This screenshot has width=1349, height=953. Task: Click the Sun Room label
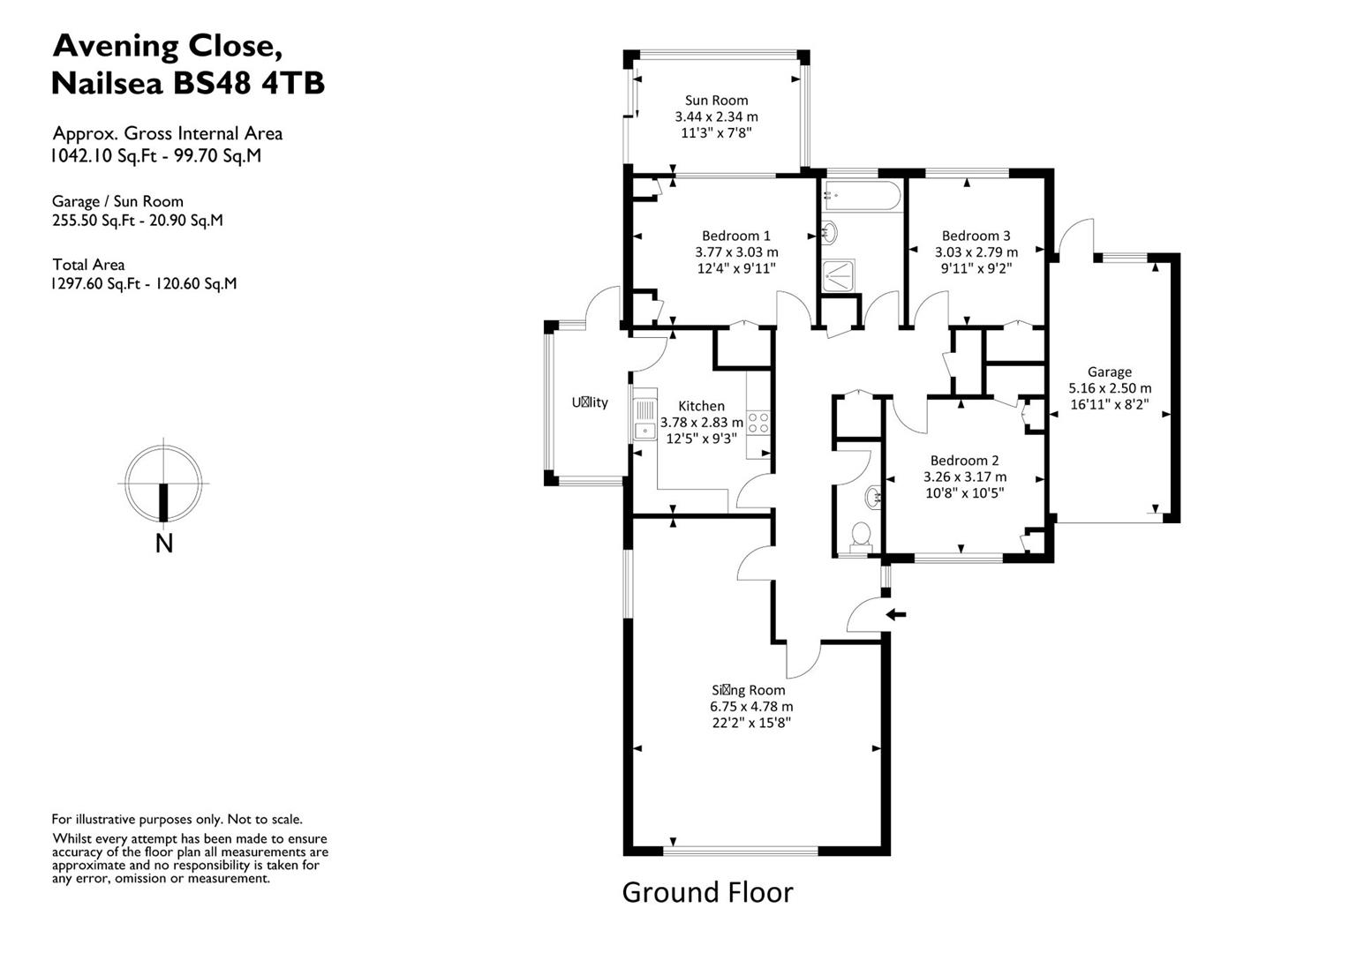coord(716,101)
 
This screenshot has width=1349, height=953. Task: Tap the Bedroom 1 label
coord(735,236)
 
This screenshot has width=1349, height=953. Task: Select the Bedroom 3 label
coord(976,236)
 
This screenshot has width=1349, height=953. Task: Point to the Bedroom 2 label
coord(964,461)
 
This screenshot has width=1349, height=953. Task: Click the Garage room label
coord(1109,372)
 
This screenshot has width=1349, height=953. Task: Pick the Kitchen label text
coord(701,406)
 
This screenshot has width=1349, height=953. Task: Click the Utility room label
coord(590,402)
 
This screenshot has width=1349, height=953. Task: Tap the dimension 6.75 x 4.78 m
coord(751,707)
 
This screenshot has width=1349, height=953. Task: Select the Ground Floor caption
coord(707,892)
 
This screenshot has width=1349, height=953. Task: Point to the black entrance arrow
coord(896,614)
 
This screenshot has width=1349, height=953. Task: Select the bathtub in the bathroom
coord(860,195)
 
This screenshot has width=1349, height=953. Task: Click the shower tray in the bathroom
coord(839,276)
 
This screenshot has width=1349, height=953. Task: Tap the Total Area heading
coord(88,265)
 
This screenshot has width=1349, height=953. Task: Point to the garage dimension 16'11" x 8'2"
coord(1109,404)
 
